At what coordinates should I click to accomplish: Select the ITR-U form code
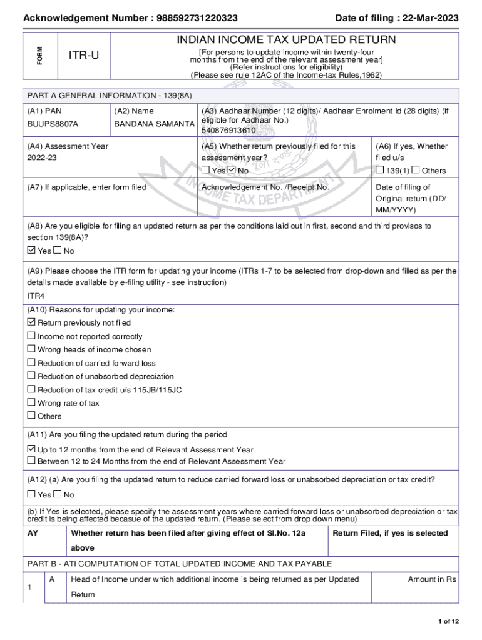[83, 56]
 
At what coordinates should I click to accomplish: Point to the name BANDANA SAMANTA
[154, 124]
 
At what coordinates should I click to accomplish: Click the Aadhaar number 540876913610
[228, 130]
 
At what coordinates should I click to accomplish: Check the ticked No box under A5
[232, 170]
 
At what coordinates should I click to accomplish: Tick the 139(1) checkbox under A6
[379, 170]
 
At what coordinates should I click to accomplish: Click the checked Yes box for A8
[32, 251]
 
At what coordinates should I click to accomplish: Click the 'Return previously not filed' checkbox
[31, 323]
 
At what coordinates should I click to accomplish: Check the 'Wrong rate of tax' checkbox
[31, 403]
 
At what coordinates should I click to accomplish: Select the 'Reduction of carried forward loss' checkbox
[31, 363]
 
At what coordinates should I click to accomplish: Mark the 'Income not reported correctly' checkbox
[31, 336]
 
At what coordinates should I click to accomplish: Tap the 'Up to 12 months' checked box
[31, 449]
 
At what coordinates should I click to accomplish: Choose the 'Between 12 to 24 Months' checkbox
[31, 461]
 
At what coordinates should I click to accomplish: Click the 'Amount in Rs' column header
[432, 579]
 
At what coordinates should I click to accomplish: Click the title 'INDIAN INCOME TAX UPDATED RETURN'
[286, 40]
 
